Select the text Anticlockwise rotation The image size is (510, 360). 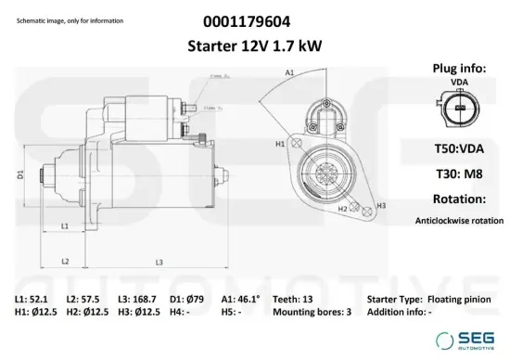[x=460, y=221]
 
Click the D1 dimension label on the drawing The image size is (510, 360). [x=20, y=174]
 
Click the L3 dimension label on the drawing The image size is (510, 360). [x=159, y=262]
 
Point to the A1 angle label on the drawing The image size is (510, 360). [x=288, y=71]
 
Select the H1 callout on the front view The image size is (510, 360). [x=280, y=146]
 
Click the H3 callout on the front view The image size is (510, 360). [x=380, y=203]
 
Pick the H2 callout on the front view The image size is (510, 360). [x=342, y=210]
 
